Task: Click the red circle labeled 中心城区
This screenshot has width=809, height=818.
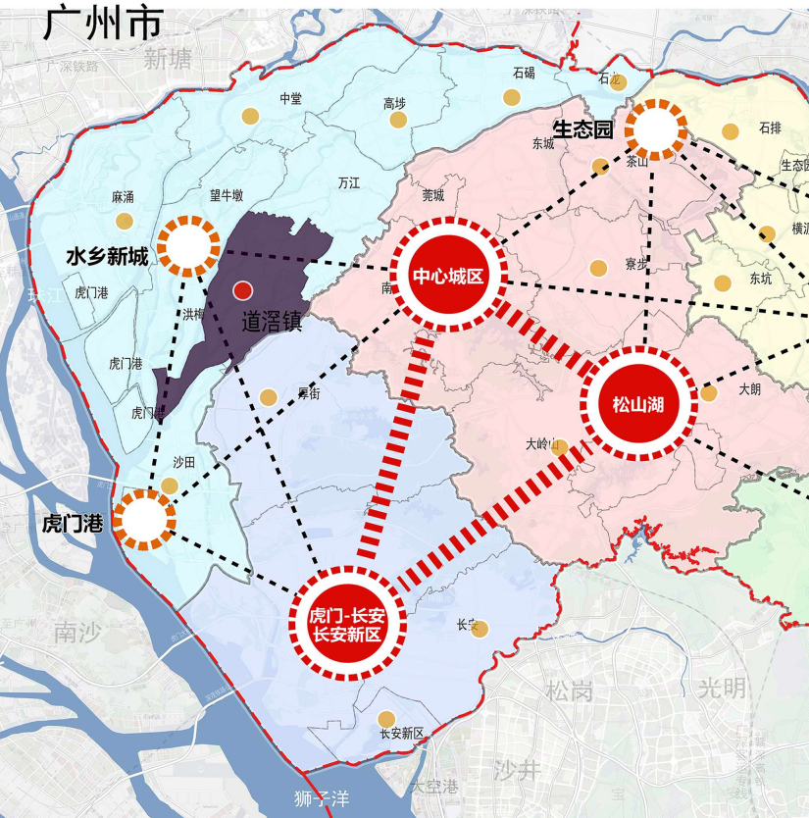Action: [x=448, y=277]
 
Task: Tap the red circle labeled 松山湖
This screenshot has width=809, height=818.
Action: [x=638, y=402]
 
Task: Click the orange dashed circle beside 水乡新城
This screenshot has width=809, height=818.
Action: [x=189, y=246]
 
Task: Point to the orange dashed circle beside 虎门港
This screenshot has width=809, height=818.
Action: [x=144, y=520]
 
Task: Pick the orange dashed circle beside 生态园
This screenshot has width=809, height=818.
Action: [x=656, y=128]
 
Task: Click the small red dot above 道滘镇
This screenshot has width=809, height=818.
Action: [x=243, y=290]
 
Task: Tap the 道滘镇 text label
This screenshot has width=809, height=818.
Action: [x=272, y=320]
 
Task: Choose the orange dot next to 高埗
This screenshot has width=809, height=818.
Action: [x=398, y=120]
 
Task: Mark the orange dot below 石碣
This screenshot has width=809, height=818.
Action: [x=511, y=96]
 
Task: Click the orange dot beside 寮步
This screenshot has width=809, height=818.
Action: [x=598, y=268]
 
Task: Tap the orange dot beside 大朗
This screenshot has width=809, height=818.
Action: [x=709, y=393]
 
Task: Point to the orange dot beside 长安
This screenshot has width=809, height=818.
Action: [x=480, y=629]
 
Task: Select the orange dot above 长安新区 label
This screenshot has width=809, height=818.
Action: [x=387, y=719]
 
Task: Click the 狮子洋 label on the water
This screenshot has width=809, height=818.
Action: [x=322, y=798]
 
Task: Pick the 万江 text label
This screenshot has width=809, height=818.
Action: [x=348, y=183]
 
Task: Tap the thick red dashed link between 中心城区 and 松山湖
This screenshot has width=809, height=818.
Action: [x=545, y=338]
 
